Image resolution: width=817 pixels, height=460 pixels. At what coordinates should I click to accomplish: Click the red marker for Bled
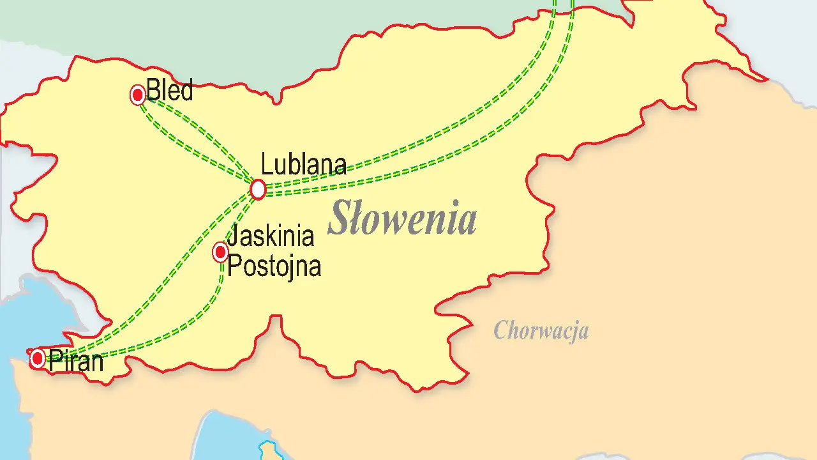[138, 95]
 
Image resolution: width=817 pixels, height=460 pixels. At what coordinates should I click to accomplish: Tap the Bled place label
[169, 91]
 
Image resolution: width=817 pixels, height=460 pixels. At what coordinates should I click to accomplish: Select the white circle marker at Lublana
[258, 189]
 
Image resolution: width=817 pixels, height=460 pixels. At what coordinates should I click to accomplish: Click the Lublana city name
[304, 165]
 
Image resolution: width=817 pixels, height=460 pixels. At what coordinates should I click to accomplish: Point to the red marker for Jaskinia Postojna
[220, 252]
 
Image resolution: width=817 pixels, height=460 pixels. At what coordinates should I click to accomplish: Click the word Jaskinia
[271, 236]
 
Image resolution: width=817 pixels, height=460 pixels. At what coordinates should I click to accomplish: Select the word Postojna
[274, 266]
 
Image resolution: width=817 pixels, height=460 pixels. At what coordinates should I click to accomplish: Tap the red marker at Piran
[38, 358]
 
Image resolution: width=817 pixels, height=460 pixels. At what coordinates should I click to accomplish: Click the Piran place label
[75, 362]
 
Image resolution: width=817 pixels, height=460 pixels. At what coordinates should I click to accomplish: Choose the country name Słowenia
[402, 218]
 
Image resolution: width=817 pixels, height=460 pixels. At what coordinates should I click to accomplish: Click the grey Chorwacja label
[541, 331]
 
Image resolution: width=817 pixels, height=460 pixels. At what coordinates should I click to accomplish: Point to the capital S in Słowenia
[340, 218]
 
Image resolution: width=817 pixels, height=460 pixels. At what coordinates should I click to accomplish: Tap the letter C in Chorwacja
[501, 331]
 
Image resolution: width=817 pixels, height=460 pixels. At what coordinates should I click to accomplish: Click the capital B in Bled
[153, 91]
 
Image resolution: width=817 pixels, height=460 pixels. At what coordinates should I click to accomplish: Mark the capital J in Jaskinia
[232, 236]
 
